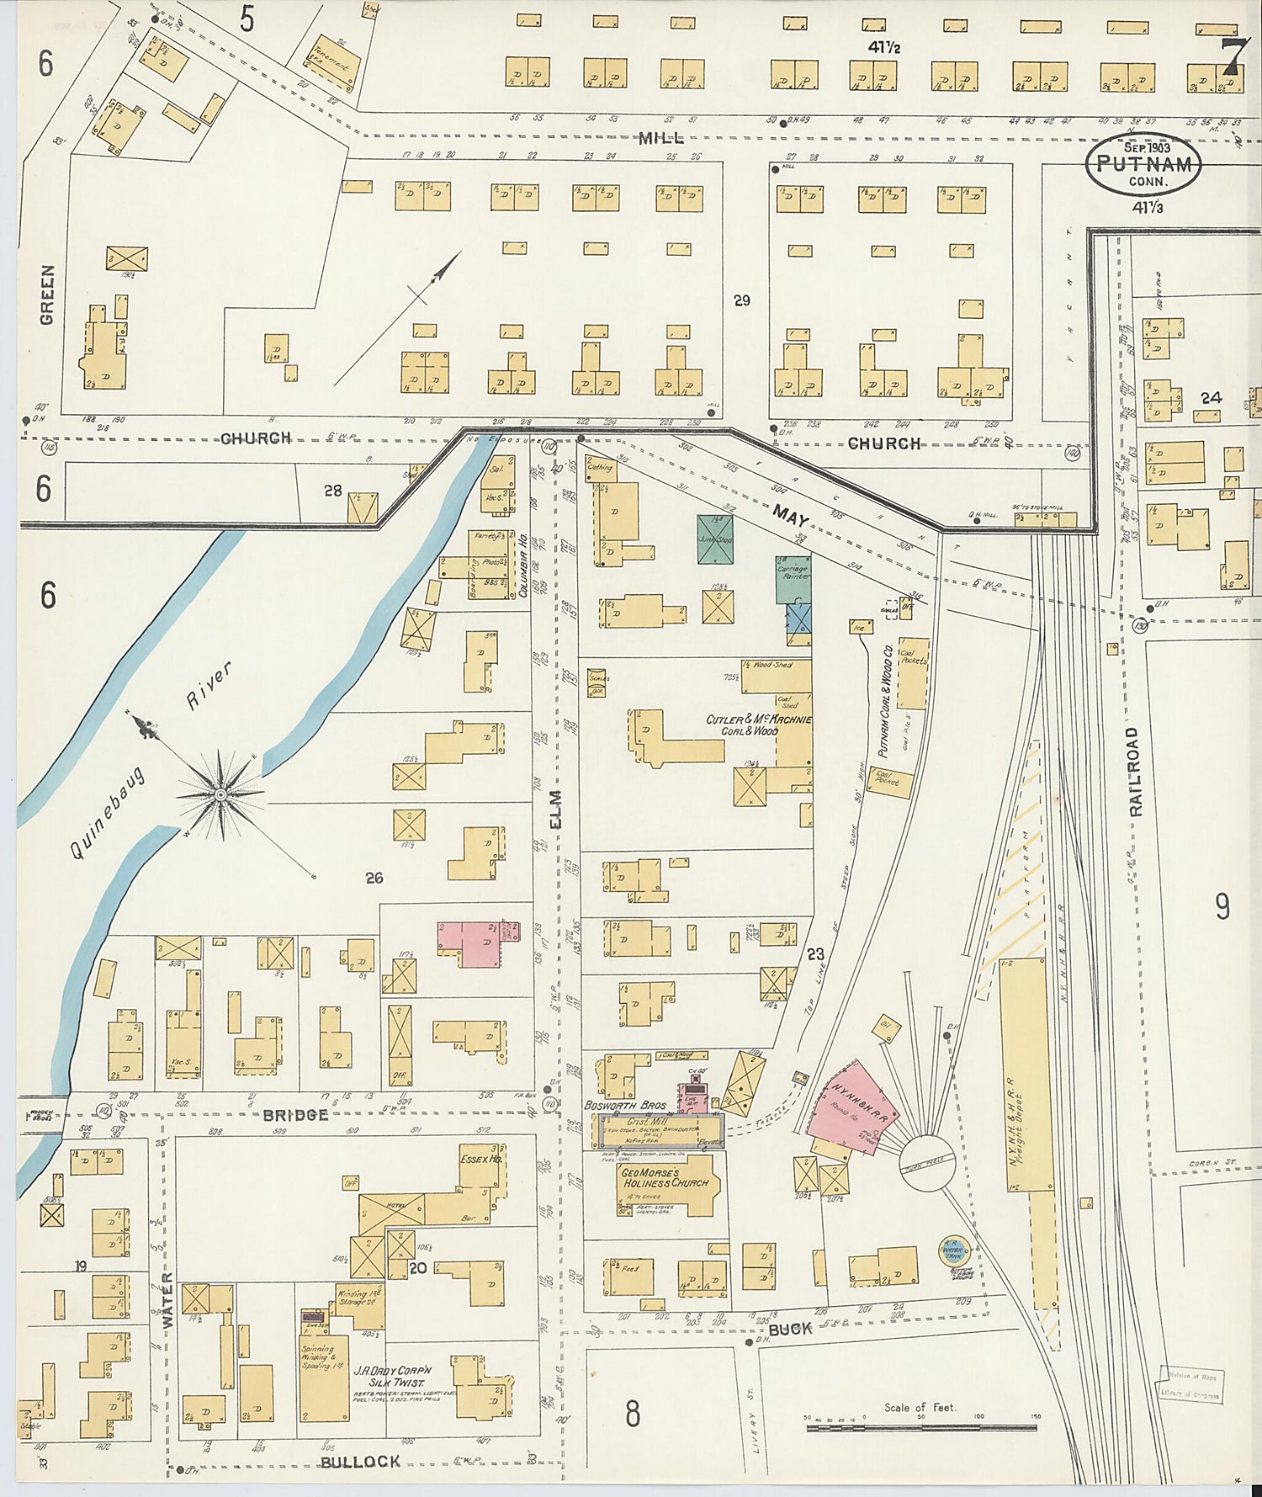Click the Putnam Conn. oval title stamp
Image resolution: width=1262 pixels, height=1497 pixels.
point(1143,164)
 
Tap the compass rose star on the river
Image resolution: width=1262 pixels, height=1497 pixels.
point(220,794)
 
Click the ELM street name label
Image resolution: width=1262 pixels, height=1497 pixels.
point(555,810)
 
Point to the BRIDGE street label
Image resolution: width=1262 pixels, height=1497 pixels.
point(294,1115)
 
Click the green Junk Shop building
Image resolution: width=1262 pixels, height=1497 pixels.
point(715,539)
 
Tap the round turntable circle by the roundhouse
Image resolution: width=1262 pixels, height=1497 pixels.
point(925,1163)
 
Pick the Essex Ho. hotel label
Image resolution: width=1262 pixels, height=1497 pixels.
point(480,1159)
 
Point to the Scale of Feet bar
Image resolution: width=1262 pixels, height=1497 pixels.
point(921,1427)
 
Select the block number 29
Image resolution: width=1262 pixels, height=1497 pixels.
point(741,300)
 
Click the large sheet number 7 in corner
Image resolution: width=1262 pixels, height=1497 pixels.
point(1233,57)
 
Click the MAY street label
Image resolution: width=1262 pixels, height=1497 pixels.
point(791,515)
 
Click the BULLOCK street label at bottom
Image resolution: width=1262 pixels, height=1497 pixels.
point(359,1462)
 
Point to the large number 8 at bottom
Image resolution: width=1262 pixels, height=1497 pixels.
point(633,1414)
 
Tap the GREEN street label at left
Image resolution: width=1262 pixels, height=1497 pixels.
point(47,295)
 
